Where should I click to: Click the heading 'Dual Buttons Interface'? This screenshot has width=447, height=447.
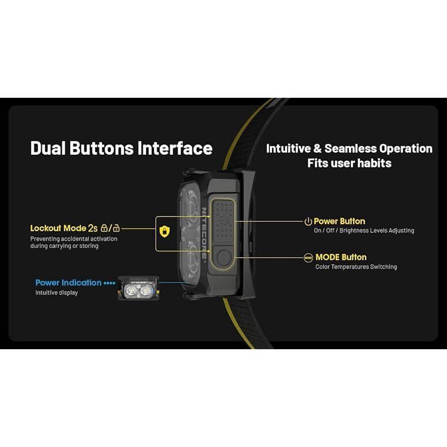(121, 148)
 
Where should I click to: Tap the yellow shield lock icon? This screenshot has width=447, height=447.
(164, 231)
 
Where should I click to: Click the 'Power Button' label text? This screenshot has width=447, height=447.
(339, 221)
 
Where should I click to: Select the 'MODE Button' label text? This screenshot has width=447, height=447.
(341, 257)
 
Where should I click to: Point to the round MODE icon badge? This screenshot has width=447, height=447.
(308, 258)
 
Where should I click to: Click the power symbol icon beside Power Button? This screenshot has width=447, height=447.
(308, 221)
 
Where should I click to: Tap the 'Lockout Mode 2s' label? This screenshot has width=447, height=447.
(64, 229)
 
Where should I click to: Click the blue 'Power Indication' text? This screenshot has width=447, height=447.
(68, 283)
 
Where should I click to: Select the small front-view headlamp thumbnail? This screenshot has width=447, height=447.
(139, 288)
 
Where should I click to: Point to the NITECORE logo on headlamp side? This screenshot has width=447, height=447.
(204, 233)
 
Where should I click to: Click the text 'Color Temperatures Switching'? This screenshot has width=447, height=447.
(356, 267)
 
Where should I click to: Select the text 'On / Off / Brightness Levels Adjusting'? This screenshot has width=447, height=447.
(364, 230)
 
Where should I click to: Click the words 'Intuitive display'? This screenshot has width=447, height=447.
(57, 293)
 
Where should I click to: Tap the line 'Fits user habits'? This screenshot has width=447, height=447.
(349, 163)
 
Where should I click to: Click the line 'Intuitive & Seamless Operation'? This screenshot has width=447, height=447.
(349, 149)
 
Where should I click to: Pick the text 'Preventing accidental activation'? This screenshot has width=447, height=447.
(74, 239)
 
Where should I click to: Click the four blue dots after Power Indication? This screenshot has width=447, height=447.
(110, 283)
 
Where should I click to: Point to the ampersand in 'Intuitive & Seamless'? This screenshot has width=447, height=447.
(317, 149)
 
